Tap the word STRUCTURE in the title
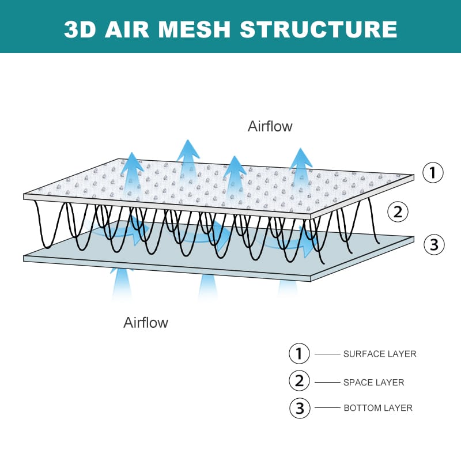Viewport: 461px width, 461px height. coord(318,29)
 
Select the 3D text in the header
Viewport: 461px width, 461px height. coord(80,29)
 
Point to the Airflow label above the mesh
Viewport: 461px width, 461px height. coord(270,126)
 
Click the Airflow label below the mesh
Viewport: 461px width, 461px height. coord(146,322)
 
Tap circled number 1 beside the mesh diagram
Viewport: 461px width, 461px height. coord(433,172)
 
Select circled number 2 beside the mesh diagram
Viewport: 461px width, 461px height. coord(397,211)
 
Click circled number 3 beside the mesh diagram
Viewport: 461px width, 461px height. coord(434,244)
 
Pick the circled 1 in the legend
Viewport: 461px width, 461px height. coord(299,353)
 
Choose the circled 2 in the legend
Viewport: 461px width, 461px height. coord(299,380)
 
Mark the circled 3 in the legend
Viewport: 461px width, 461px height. coord(299,408)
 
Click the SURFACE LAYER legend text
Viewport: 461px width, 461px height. coord(379,354)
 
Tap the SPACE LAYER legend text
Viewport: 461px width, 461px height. coord(373,382)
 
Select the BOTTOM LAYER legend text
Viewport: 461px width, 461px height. coord(378,408)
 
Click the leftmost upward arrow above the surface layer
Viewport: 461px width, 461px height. coord(133,167)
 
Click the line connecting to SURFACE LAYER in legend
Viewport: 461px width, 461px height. coord(327,353)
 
